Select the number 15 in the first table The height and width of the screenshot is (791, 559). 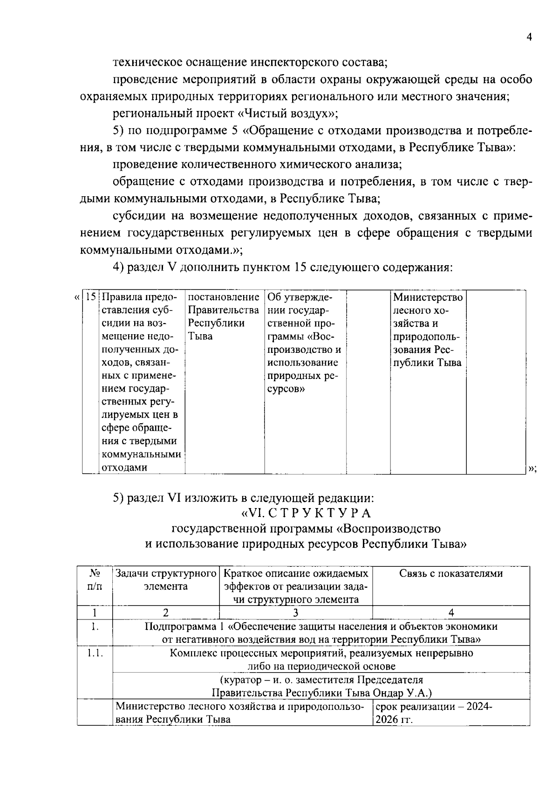(x=91, y=297)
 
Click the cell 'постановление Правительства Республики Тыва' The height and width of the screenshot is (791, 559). (x=224, y=316)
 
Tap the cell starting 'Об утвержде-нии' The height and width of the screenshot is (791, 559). (x=304, y=343)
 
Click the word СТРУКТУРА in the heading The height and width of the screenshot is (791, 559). (x=320, y=513)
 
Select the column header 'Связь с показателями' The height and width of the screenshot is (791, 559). (x=451, y=573)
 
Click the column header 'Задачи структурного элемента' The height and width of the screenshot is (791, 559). (x=166, y=579)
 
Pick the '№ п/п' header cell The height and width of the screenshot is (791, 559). (x=95, y=579)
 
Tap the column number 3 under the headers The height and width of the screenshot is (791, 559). (x=295, y=612)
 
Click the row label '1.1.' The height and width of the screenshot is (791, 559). (x=95, y=653)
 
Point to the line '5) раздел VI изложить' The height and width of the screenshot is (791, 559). (x=243, y=497)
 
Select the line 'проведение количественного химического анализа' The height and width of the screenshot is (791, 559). (x=257, y=164)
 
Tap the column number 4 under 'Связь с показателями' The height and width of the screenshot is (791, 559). (x=451, y=612)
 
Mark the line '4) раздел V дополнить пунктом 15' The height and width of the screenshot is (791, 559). (x=283, y=268)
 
